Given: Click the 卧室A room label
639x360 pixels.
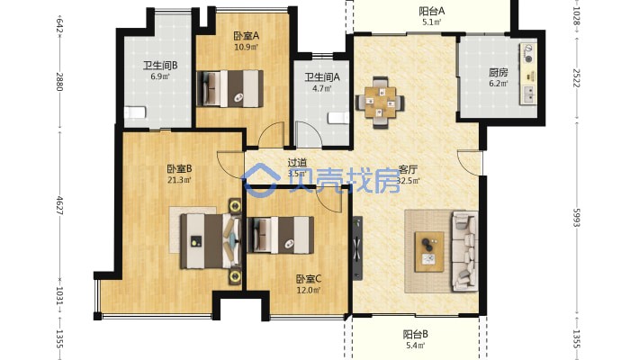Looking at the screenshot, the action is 246,36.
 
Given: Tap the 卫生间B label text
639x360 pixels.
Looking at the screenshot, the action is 160,65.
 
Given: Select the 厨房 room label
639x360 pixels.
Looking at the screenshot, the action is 499,73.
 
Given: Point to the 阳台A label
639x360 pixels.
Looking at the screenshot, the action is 432,11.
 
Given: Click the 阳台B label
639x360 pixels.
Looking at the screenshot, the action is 415,335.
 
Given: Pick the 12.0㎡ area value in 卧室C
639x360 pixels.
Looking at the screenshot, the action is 309,291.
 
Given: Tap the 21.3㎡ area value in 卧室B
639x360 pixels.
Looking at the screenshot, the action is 180,180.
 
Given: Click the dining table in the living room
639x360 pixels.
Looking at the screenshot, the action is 380,103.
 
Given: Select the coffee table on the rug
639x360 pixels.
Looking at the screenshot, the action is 429,252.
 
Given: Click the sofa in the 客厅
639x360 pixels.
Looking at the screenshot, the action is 464,251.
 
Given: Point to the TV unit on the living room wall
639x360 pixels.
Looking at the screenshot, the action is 357,247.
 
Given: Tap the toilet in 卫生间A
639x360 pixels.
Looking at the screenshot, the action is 338,118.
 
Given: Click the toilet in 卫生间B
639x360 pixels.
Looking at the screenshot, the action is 135,112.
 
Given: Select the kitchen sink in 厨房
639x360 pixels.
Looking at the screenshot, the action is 529,94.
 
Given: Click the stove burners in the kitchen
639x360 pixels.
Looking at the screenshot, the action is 528,53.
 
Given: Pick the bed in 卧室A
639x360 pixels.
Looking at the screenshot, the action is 229,89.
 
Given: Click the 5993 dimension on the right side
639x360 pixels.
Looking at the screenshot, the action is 576,218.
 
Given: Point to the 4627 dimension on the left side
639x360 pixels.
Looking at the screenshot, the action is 59,205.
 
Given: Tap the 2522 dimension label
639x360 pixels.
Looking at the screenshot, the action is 576,78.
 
